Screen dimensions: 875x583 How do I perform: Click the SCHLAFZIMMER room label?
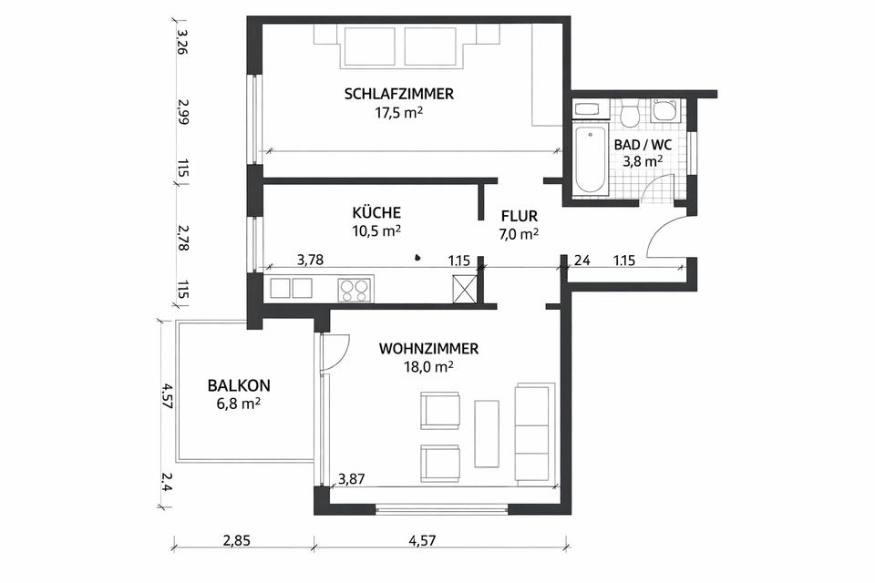tap(398, 94)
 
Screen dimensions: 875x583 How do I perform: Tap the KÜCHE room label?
tap(376, 212)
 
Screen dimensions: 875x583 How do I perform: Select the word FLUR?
tap(519, 216)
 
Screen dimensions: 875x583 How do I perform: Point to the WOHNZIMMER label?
tap(428, 349)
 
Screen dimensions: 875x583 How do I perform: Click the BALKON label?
tap(239, 385)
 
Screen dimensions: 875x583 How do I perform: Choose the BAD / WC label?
tap(643, 145)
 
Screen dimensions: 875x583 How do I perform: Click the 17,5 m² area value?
tap(398, 113)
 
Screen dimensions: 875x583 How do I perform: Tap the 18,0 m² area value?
tap(428, 367)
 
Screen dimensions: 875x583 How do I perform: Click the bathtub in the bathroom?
tap(591, 159)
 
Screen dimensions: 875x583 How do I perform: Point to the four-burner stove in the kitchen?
tap(355, 289)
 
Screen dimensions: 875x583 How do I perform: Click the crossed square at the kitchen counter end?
tap(464, 289)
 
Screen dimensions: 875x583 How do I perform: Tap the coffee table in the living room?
tap(487, 434)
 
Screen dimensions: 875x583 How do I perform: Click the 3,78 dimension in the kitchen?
tap(310, 260)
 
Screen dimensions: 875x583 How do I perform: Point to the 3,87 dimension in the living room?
tap(352, 478)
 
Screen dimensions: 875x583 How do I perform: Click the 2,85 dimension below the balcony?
tap(237, 540)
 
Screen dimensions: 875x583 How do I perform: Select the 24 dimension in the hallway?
tap(582, 260)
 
